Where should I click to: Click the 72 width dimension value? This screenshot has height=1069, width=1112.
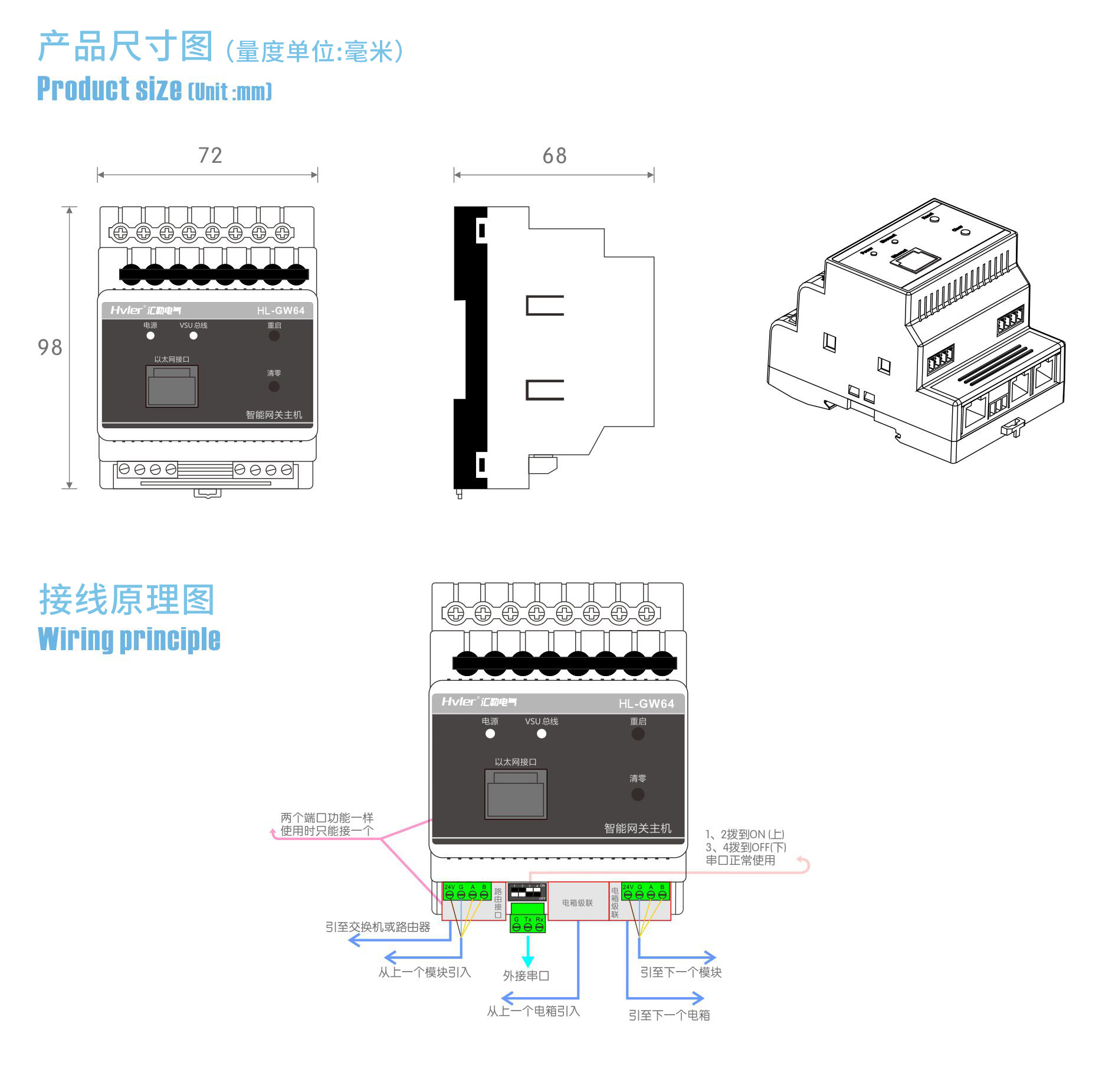pyautogui.click(x=210, y=155)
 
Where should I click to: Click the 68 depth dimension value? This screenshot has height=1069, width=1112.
pyautogui.click(x=554, y=156)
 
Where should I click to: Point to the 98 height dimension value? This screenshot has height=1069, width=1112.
pyautogui.click(x=50, y=347)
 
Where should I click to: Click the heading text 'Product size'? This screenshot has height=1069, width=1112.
pyautogui.click(x=110, y=89)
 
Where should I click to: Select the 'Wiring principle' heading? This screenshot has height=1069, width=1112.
pyautogui.click(x=129, y=640)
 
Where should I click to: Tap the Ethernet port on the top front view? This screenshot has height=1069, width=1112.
pyautogui.click(x=172, y=386)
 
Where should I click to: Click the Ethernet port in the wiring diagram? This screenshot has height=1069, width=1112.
pyautogui.click(x=516, y=794)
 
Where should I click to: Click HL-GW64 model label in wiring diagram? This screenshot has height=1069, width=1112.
pyautogui.click(x=646, y=703)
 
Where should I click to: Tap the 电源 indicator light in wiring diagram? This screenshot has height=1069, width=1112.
pyautogui.click(x=490, y=734)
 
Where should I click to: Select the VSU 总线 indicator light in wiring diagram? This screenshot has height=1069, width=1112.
pyautogui.click(x=542, y=734)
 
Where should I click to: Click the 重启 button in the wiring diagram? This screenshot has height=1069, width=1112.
pyautogui.click(x=638, y=734)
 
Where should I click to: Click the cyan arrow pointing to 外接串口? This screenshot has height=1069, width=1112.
pyautogui.click(x=528, y=950)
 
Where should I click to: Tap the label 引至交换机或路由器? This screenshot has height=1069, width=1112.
pyautogui.click(x=378, y=927)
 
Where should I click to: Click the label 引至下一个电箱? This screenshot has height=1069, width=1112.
pyautogui.click(x=669, y=1015)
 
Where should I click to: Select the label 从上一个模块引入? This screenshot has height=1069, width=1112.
pyautogui.click(x=424, y=972)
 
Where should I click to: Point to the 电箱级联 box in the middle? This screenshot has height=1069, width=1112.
pyautogui.click(x=578, y=903)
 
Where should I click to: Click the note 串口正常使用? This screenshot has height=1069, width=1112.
pyautogui.click(x=740, y=860)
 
